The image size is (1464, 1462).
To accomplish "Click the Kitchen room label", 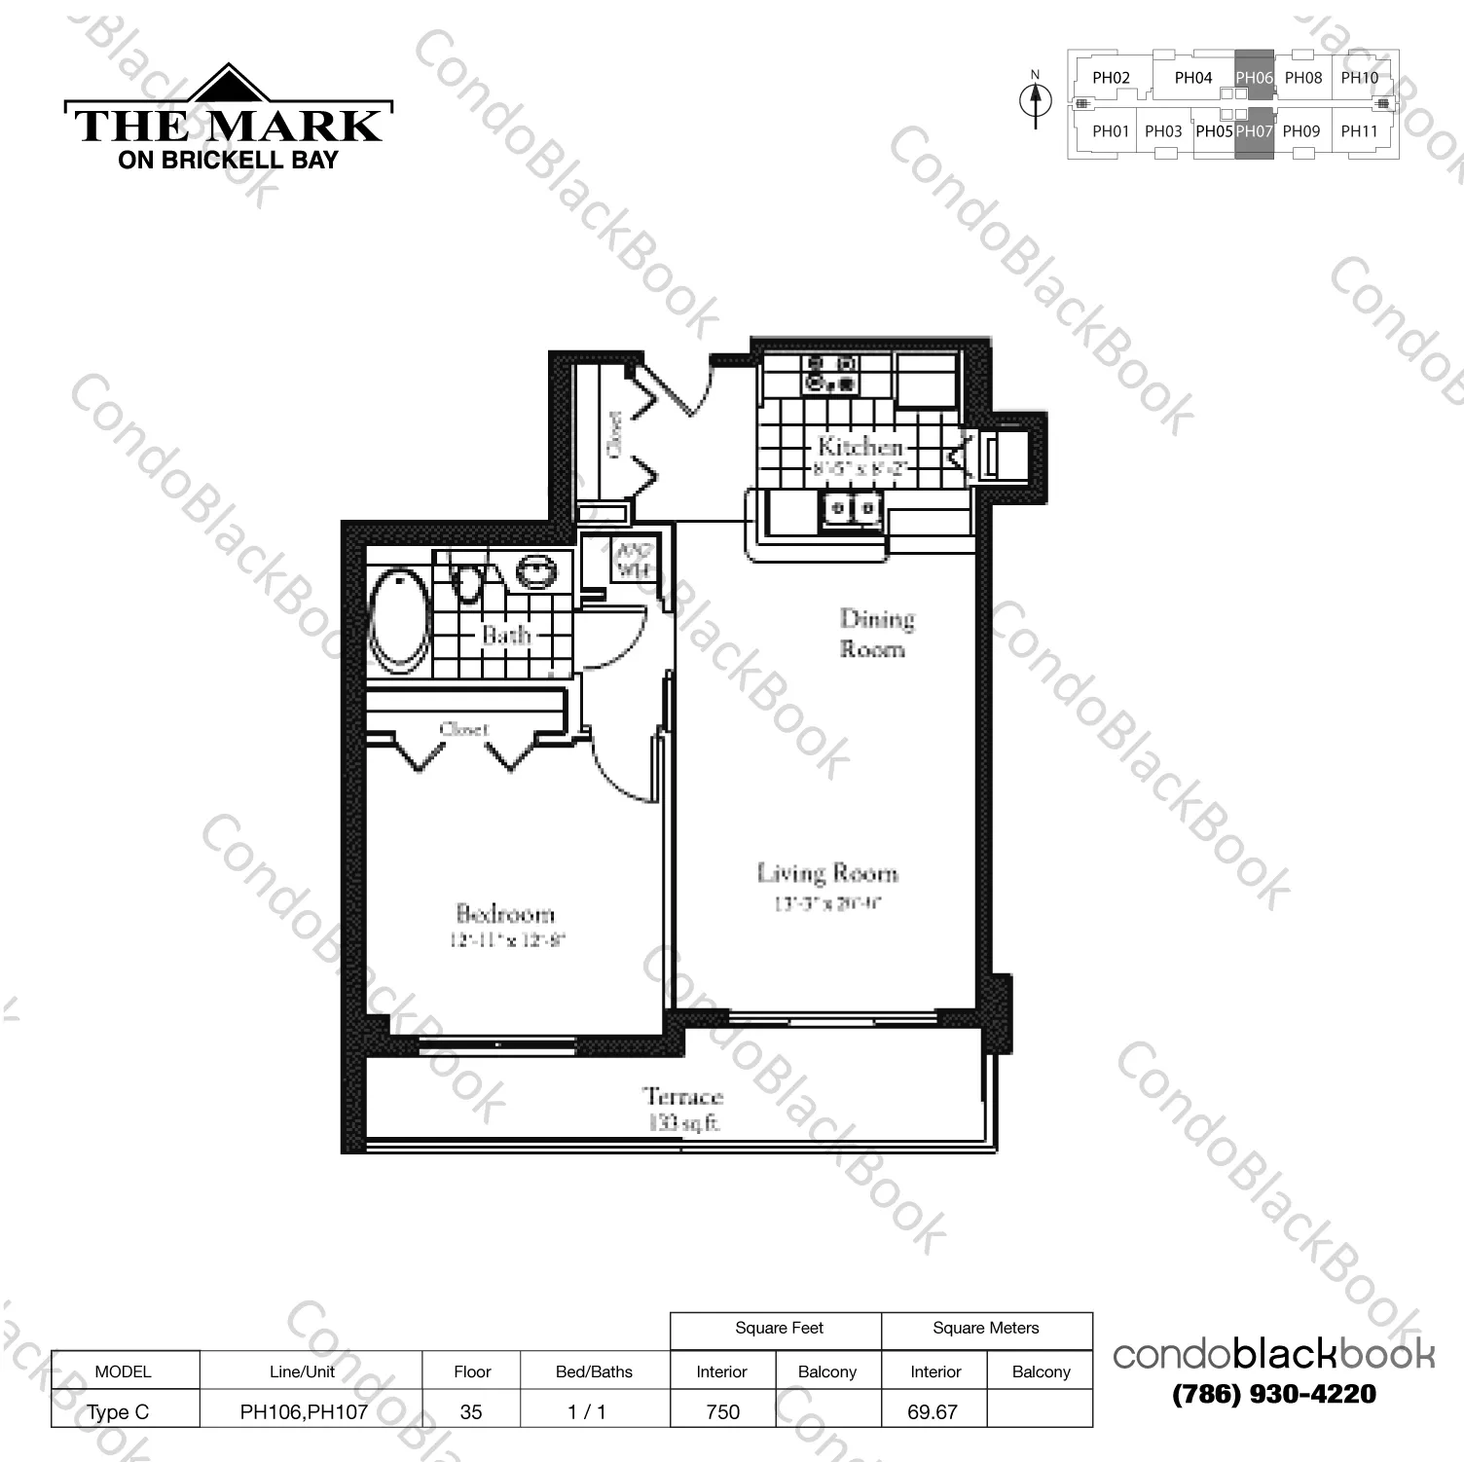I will coord(860,447).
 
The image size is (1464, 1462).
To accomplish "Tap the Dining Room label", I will coord(876,633).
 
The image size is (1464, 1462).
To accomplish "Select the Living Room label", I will coord(827,873).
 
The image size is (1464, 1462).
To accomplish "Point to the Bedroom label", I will coord(505,913).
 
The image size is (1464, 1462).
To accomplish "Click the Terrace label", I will coord(683,1097).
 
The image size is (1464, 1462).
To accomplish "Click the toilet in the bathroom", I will coord(468,581).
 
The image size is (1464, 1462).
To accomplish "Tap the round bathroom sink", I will coord(536,570).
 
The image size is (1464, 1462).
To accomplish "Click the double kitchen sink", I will coord(851,509).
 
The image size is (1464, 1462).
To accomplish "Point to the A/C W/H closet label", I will coord(634,560).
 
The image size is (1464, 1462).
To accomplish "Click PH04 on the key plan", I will coord(1192,78).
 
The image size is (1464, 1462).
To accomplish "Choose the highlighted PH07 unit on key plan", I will coord(1254,131).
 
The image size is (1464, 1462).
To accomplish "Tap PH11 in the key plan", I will coord(1359,131).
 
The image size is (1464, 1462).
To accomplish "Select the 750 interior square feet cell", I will coord(722,1411).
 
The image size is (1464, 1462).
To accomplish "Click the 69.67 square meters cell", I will coord(933,1411).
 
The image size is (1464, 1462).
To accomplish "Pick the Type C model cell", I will coord(119,1411).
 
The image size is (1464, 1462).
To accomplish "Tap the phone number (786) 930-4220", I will coord(1274,1394).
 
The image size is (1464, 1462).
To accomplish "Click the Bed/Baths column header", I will coord(594,1371).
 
